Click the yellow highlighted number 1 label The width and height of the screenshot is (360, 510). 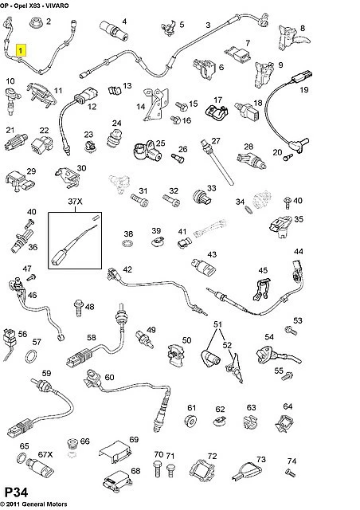tap(22, 50)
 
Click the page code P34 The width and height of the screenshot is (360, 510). tap(16, 492)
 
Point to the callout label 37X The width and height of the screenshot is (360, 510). tap(75, 202)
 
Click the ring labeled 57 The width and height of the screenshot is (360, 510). tap(32, 357)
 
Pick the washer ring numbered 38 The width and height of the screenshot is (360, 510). tap(127, 243)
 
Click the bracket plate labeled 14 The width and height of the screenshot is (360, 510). tap(156, 104)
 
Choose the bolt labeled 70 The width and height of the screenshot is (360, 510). tap(158, 469)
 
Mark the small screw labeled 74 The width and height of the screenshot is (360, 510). tap(291, 473)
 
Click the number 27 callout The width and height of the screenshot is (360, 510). tap(216, 141)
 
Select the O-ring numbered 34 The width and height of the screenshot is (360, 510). tap(248, 210)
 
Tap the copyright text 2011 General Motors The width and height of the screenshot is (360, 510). tap(37, 504)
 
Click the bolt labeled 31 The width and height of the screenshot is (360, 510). tap(139, 200)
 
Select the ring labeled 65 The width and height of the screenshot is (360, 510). tap(22, 458)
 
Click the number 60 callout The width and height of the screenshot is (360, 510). tap(110, 377)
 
